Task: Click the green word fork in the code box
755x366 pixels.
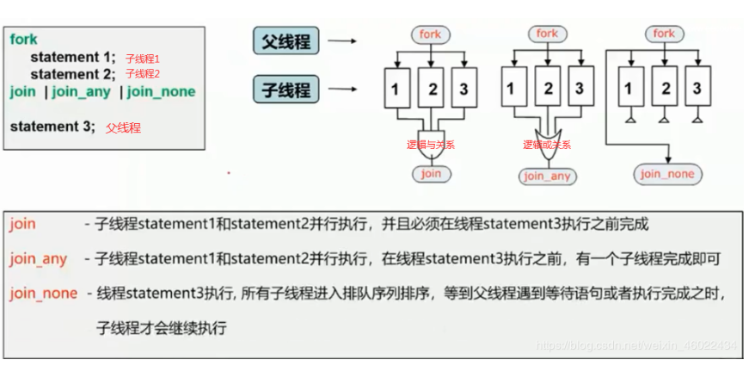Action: pos(24,40)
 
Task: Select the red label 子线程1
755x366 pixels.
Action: pos(143,59)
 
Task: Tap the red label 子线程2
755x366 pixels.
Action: pos(143,75)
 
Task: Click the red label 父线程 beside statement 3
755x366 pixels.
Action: pos(123,127)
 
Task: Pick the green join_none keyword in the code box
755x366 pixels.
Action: pos(161,92)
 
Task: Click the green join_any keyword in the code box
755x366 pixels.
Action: pos(80,92)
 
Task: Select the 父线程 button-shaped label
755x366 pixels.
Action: pos(287,40)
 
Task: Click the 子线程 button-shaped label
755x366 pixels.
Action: pos(287,89)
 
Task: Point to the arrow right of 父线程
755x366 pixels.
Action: pos(342,40)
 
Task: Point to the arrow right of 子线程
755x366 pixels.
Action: pos(342,88)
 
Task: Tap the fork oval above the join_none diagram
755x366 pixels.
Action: pos(664,34)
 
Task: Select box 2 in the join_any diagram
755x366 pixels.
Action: pos(546,89)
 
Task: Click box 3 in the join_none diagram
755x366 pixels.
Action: pos(697,89)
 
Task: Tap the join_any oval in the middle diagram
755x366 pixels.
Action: pos(547,177)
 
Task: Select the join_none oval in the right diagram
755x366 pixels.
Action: pos(667,174)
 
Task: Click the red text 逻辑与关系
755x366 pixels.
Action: pos(430,146)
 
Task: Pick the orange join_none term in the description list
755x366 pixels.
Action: pos(43,294)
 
